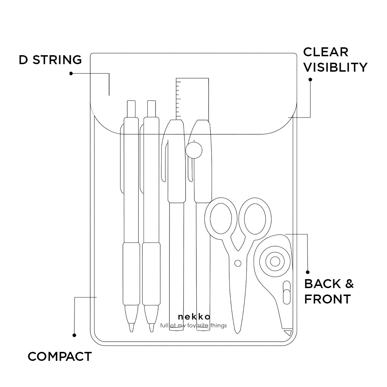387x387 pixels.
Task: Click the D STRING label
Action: point(50,60)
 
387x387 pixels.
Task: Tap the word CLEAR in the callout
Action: point(325,52)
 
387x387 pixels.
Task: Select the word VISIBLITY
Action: point(335,67)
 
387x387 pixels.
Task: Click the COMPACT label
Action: point(59,357)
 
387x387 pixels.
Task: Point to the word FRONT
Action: point(327,299)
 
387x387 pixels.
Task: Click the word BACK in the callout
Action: point(322,284)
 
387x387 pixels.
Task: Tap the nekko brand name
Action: point(194,317)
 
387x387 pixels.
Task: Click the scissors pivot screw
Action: point(238,264)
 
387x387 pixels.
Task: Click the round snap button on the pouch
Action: point(194,150)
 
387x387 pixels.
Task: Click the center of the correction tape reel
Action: point(275,261)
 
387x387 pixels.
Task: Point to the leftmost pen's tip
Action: point(132,328)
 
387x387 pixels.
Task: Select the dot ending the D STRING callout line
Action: point(71,73)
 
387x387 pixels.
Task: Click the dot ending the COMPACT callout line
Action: point(74,335)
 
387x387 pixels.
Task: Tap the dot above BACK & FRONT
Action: point(307,272)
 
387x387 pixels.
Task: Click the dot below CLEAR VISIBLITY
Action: point(310,80)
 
